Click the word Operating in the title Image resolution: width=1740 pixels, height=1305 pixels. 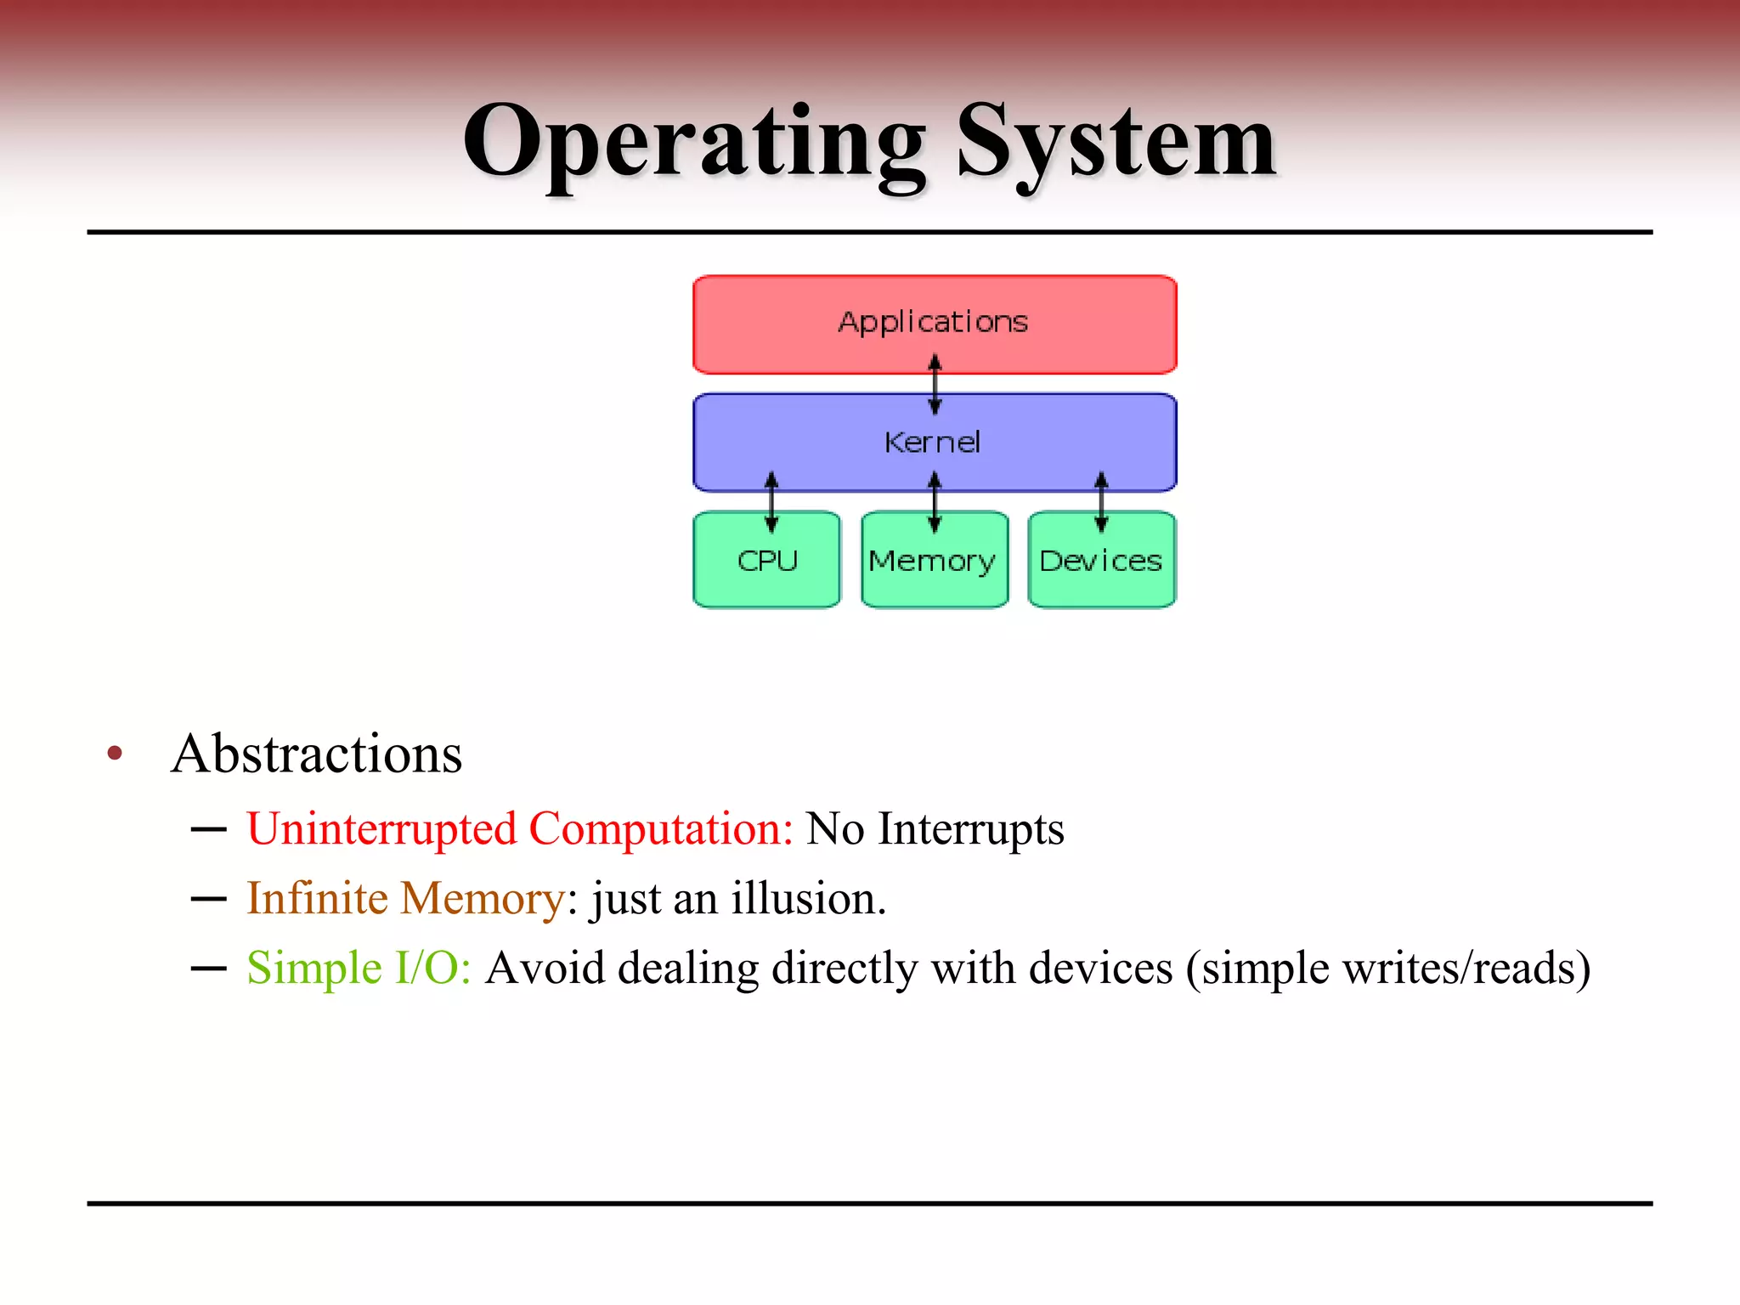click(693, 143)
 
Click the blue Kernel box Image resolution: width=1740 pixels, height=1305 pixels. click(816, 442)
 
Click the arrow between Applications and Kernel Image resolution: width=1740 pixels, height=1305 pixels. click(935, 384)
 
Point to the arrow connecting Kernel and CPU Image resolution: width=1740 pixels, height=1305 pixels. click(771, 502)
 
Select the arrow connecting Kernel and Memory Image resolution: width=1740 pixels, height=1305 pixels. click(935, 502)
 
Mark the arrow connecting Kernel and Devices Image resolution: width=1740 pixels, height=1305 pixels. click(1101, 502)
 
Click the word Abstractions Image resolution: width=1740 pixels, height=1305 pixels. click(317, 754)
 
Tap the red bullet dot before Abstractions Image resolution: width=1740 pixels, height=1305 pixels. click(115, 753)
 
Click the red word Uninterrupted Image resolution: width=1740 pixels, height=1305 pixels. click(381, 829)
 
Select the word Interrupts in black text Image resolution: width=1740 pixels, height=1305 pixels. click(970, 829)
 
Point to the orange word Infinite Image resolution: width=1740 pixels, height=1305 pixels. click(317, 898)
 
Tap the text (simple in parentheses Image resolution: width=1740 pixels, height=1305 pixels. click(1257, 968)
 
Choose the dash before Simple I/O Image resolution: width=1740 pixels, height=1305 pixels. click(208, 968)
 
